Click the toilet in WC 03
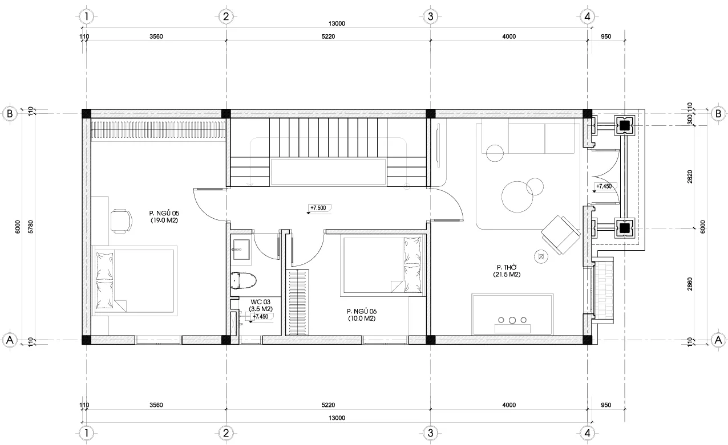click(x=244, y=280)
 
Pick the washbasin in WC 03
click(x=241, y=250)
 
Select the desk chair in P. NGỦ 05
click(x=121, y=221)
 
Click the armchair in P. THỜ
click(x=561, y=235)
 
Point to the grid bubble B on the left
click(x=10, y=113)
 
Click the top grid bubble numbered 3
click(x=430, y=16)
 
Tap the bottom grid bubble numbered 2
click(x=226, y=432)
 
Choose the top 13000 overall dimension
click(x=337, y=23)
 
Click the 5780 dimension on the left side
click(x=31, y=227)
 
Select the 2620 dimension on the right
click(x=690, y=177)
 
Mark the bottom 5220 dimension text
click(x=328, y=405)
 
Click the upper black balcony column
click(x=624, y=125)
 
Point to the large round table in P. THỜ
click(x=517, y=197)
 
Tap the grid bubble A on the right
click(x=718, y=340)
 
